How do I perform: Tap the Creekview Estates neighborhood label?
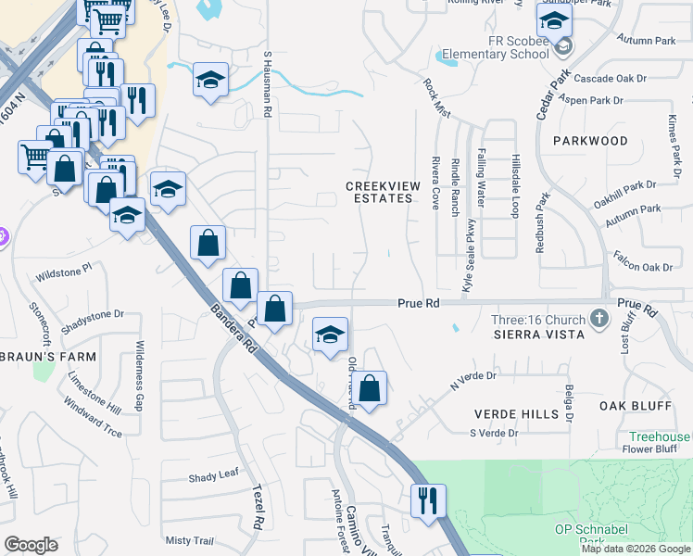383,192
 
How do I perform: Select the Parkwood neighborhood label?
590,141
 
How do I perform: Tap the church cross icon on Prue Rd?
599,319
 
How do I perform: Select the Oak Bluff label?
635,406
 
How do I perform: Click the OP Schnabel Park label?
592,529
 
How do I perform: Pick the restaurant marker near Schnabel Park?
429,501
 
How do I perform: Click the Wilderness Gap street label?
140,374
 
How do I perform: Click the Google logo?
31,545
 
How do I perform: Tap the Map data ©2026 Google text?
635,549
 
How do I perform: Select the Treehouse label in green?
659,436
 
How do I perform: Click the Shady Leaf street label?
214,475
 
